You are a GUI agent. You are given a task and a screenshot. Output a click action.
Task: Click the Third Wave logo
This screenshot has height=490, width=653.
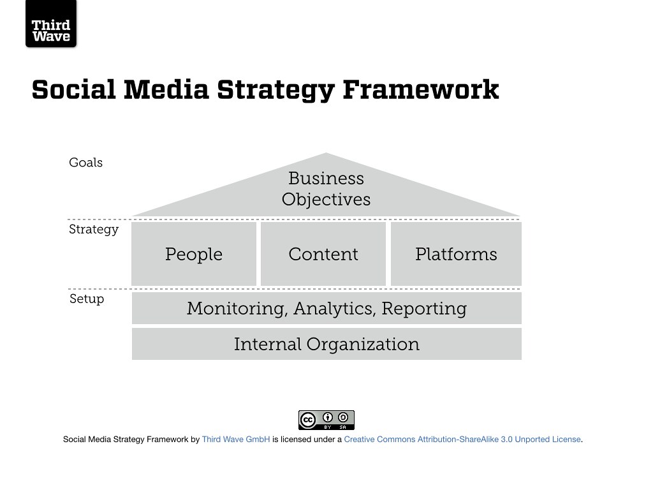click(51, 24)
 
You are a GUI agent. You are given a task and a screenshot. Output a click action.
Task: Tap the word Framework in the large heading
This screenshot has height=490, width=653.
click(421, 89)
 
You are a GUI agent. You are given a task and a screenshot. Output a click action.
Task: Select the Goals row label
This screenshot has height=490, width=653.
click(86, 163)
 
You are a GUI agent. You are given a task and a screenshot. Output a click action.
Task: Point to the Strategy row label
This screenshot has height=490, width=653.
click(94, 230)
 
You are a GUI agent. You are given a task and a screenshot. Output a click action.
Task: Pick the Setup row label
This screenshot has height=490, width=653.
click(87, 299)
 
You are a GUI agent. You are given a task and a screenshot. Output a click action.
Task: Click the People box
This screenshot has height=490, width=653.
click(194, 254)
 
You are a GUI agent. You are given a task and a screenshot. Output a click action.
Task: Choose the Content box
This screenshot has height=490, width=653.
click(323, 254)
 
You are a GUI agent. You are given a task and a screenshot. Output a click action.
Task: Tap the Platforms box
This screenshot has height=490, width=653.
click(456, 254)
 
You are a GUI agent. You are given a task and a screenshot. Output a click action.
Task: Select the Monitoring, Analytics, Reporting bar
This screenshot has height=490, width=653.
click(326, 308)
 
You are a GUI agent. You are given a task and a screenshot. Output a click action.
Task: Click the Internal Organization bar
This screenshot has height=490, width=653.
click(326, 344)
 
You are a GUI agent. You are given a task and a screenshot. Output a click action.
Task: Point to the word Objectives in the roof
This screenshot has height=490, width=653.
click(326, 200)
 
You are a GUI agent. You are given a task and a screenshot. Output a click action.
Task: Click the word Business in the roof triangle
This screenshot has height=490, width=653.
click(326, 179)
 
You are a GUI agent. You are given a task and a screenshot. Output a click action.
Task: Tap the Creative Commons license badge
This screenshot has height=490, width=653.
click(326, 420)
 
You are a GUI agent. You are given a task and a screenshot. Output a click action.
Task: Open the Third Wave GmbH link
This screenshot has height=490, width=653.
click(236, 439)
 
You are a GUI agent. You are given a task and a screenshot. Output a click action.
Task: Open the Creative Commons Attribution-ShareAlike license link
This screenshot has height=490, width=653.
click(462, 439)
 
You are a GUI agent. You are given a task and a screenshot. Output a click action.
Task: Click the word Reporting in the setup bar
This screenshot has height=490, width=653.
click(424, 309)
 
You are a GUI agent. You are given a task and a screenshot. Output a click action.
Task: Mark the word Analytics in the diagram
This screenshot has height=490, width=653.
click(334, 309)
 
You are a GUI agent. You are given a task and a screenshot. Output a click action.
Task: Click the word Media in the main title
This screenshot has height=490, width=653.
click(166, 89)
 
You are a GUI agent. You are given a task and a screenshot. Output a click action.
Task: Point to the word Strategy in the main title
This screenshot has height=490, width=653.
click(275, 91)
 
